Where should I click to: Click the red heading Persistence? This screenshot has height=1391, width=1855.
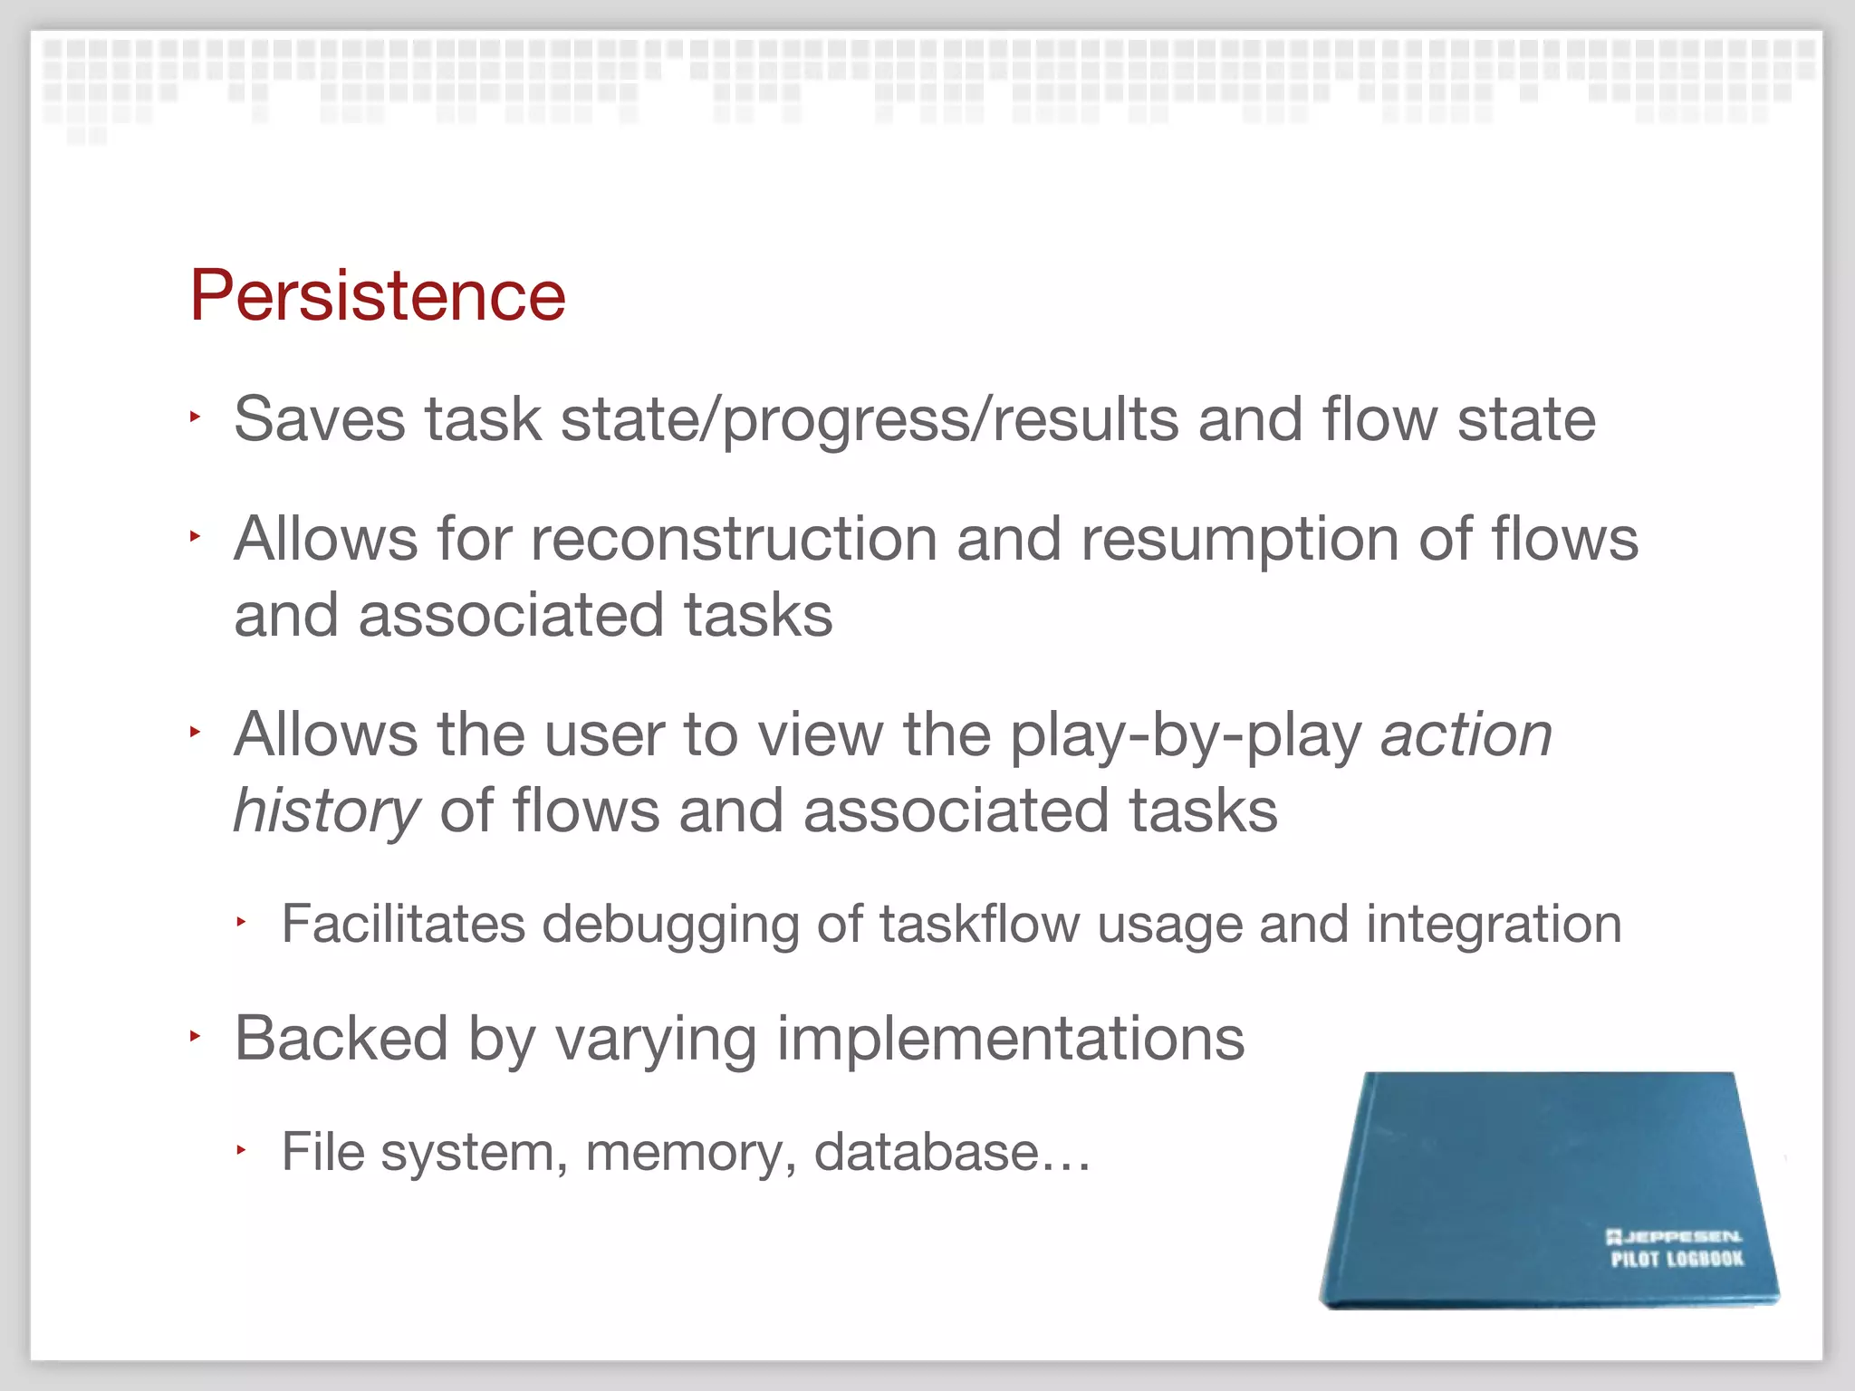pyautogui.click(x=378, y=295)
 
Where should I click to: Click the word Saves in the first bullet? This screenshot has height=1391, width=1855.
pyautogui.click(x=319, y=419)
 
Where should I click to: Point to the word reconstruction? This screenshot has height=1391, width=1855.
pyautogui.click(x=734, y=540)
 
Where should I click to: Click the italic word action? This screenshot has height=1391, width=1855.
pyautogui.click(x=1466, y=734)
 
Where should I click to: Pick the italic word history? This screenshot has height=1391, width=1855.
pyautogui.click(x=326, y=811)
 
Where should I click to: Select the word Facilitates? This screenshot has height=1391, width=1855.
pyautogui.click(x=403, y=925)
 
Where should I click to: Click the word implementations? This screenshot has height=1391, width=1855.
pyautogui.click(x=1010, y=1040)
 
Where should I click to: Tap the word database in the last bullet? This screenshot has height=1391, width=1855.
pyautogui.click(x=926, y=1152)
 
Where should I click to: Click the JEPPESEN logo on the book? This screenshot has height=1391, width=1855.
pyautogui.click(x=1674, y=1236)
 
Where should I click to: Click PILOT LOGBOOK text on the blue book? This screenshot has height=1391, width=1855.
pyautogui.click(x=1677, y=1259)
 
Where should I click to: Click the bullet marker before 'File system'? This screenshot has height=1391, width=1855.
pyautogui.click(x=241, y=1150)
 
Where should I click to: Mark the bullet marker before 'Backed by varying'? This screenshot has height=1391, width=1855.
pyautogui.click(x=194, y=1036)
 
